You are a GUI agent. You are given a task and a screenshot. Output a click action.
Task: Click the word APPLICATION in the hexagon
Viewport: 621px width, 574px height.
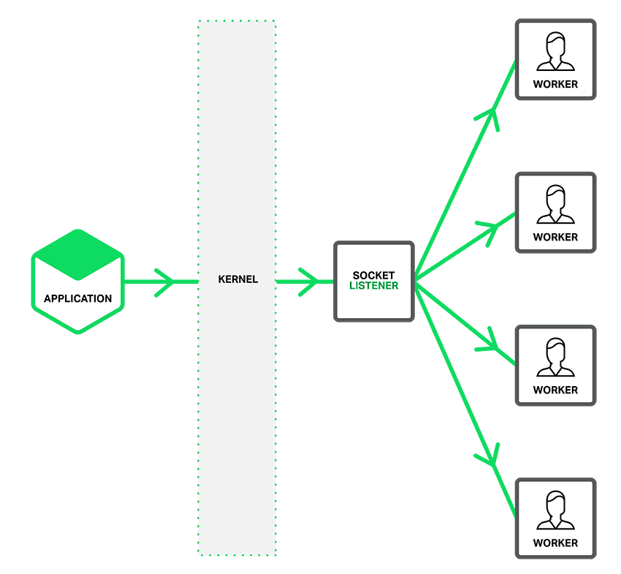(77, 298)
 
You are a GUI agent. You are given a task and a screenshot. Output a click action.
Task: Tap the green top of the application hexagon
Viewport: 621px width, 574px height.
(77, 252)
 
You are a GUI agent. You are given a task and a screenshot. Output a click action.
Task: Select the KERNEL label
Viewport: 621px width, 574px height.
(238, 279)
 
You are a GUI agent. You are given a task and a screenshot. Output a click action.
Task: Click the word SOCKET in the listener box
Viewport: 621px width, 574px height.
(373, 276)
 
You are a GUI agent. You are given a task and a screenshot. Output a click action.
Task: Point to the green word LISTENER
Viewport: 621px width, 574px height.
(373, 286)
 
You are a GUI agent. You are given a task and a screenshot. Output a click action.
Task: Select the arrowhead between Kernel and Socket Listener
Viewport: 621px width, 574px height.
(310, 281)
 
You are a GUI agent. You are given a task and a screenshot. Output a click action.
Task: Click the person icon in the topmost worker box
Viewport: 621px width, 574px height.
(555, 52)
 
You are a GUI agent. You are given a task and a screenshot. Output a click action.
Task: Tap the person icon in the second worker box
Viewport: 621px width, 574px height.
(555, 205)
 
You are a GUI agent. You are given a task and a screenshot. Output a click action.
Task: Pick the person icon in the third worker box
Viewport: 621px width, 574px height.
(555, 358)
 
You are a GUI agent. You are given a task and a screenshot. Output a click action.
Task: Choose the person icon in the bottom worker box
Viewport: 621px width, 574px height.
(555, 510)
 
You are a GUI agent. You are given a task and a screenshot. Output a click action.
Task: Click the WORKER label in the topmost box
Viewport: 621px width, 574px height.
(555, 84)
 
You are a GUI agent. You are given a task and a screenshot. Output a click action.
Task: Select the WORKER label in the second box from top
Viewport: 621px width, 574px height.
(555, 237)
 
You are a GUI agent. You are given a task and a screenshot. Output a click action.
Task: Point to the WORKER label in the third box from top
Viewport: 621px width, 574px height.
(555, 390)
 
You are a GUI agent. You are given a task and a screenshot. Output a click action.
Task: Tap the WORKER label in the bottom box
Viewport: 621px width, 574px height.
(555, 543)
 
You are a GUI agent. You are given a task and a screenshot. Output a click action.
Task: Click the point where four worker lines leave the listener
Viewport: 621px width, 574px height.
(416, 281)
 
